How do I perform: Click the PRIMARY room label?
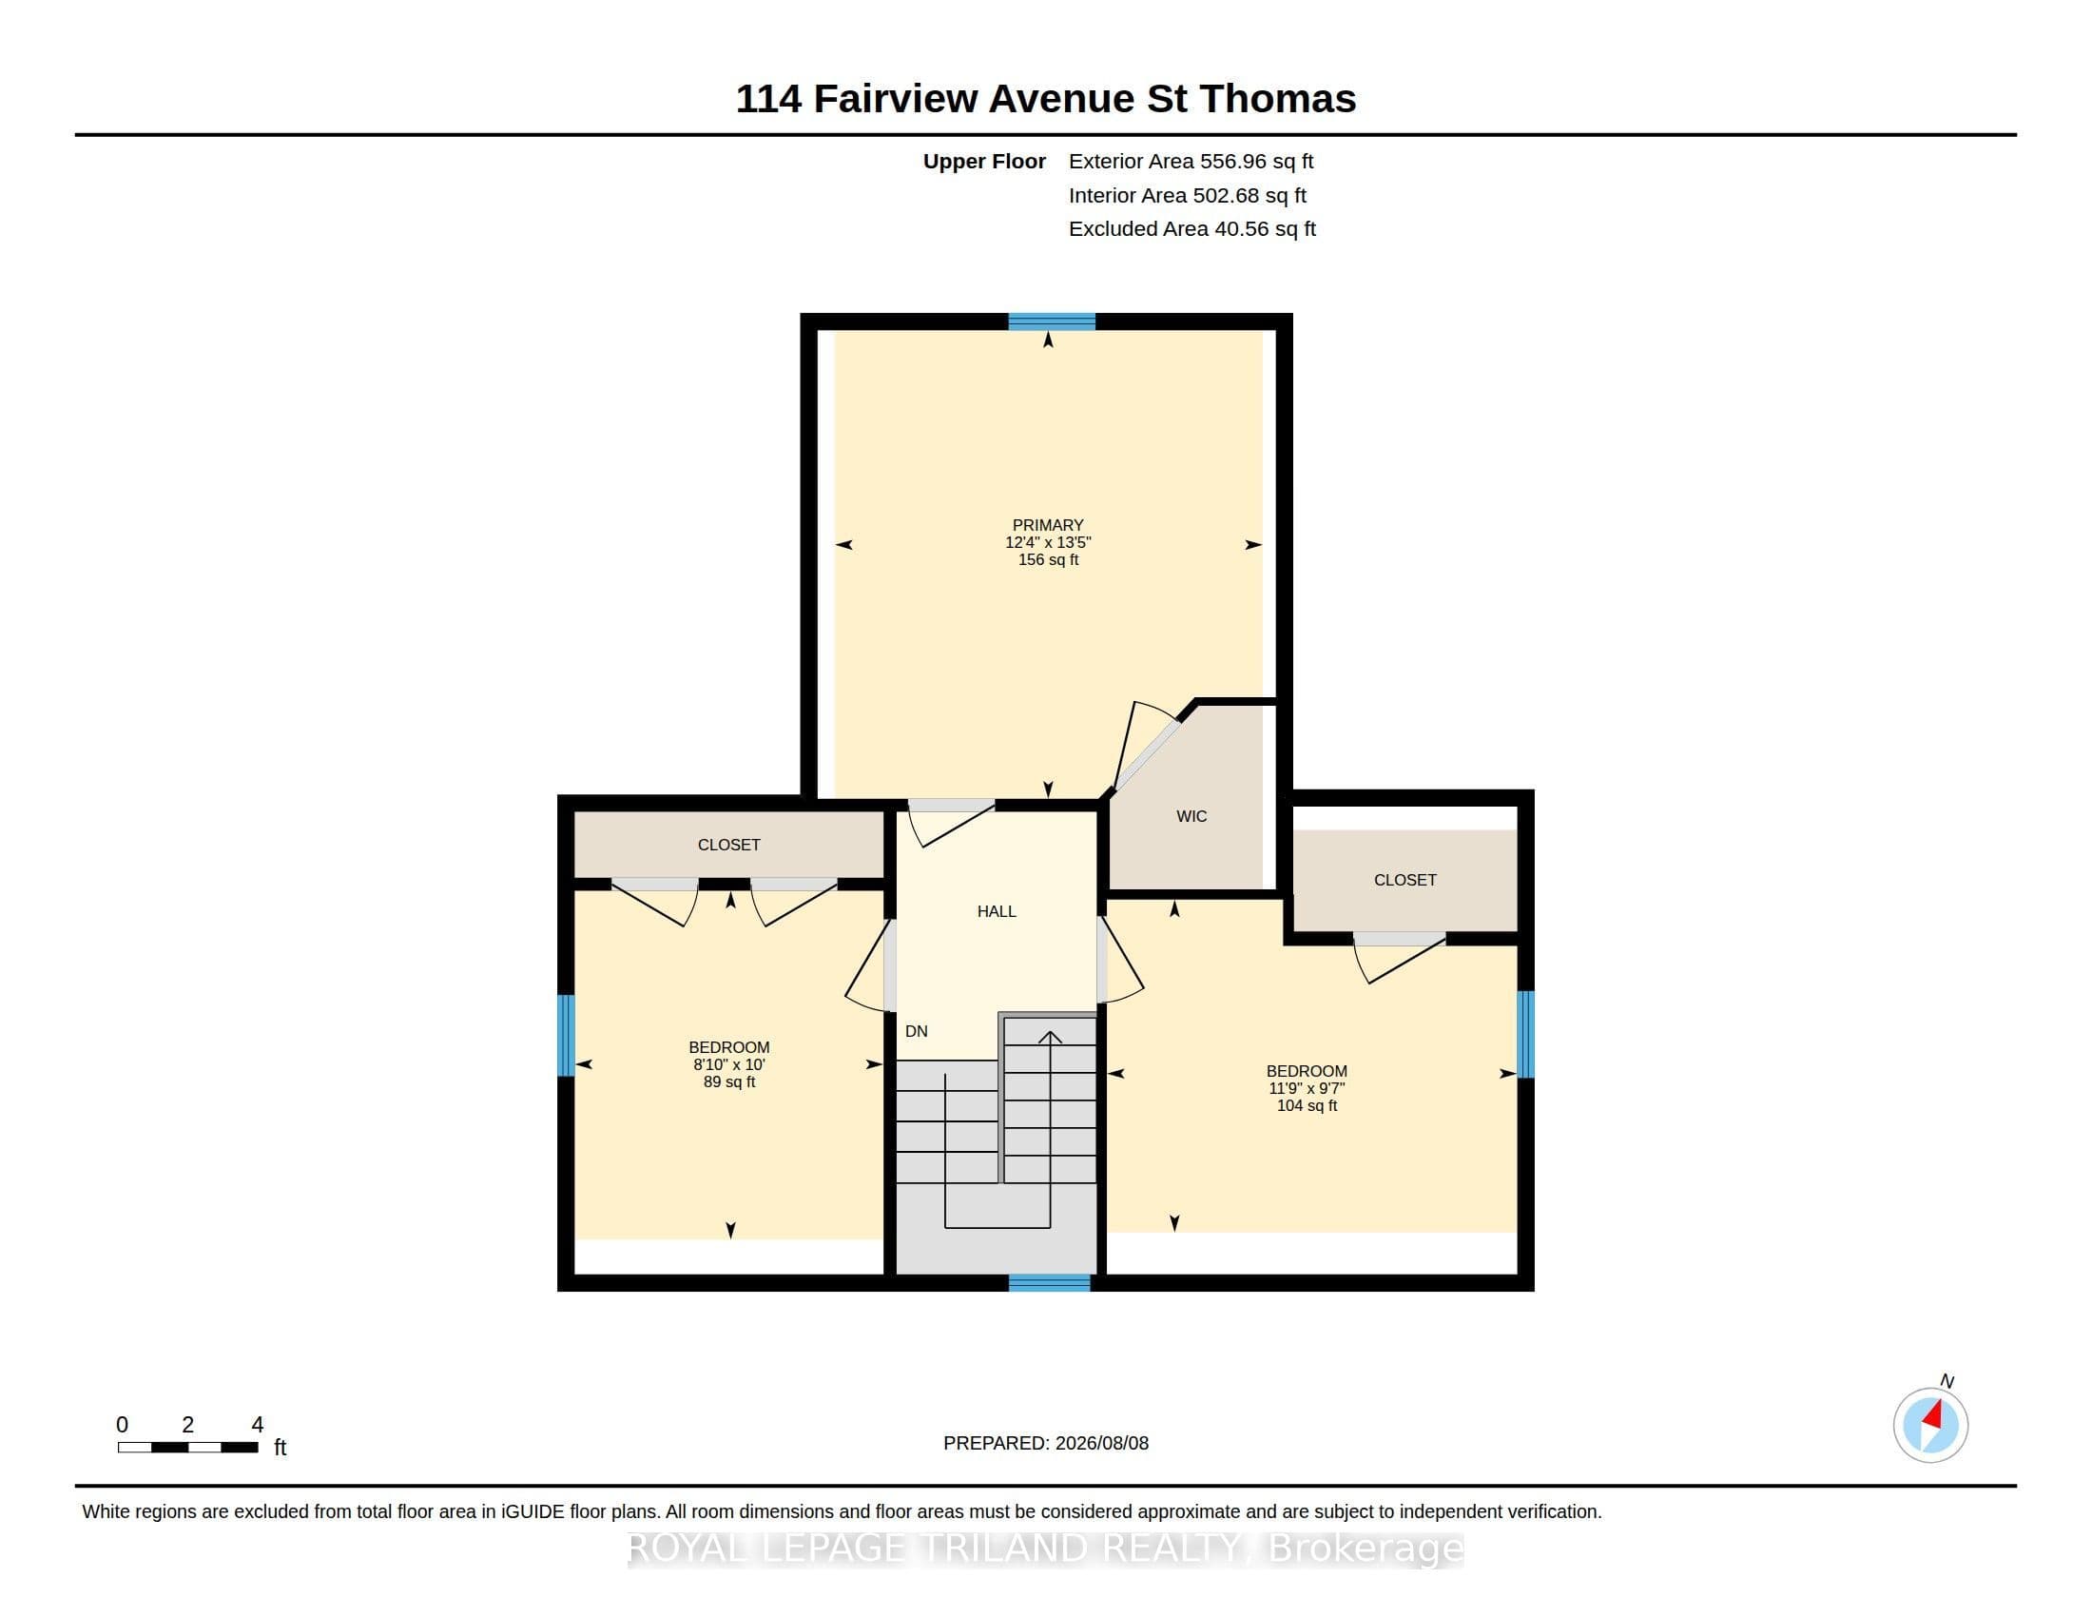[x=1048, y=525]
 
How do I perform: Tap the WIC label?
[x=1191, y=816]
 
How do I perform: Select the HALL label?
[x=997, y=911]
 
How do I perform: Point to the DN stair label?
[x=917, y=1031]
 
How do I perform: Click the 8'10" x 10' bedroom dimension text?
[x=729, y=1064]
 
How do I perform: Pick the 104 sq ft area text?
[x=1307, y=1105]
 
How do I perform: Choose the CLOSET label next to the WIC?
[x=1405, y=880]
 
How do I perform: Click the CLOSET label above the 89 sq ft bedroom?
[x=729, y=844]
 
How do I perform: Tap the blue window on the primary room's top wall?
[x=1052, y=321]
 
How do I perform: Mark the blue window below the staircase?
[x=1050, y=1283]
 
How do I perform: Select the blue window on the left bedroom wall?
[x=566, y=1036]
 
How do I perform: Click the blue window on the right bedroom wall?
[x=1526, y=1035]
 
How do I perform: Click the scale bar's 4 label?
[x=257, y=1425]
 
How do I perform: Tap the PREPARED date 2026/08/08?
[x=1101, y=1443]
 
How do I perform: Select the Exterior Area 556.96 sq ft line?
[x=1191, y=161]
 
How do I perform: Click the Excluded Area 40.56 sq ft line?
[x=1191, y=228]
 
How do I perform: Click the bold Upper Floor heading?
[x=984, y=161]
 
